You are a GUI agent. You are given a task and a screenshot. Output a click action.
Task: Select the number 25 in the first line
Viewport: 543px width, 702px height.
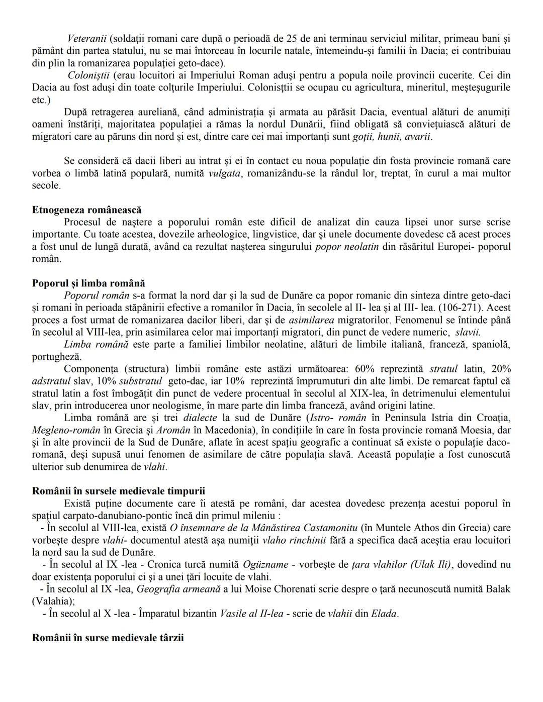[291, 38]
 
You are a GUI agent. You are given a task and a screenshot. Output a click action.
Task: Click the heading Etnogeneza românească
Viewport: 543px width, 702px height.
[86, 210]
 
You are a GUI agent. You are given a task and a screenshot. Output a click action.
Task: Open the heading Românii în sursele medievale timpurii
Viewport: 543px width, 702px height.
[118, 491]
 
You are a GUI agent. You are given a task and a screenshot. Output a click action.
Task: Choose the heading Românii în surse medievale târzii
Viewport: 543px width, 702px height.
[108, 638]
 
